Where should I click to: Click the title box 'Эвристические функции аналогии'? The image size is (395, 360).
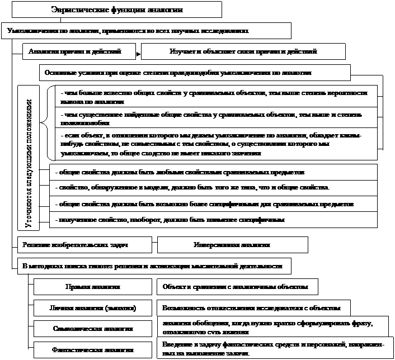click(117, 10)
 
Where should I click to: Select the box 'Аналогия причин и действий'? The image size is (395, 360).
click(80, 51)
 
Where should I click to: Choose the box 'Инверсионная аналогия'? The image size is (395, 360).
click(232, 245)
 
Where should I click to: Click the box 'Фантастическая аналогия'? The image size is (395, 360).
click(92, 350)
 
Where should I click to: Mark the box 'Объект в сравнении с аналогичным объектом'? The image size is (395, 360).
click(238, 287)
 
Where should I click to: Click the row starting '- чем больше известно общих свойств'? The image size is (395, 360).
click(215, 96)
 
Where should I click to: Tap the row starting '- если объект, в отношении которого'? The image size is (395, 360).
click(215, 144)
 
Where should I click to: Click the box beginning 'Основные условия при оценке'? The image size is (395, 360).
click(194, 73)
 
